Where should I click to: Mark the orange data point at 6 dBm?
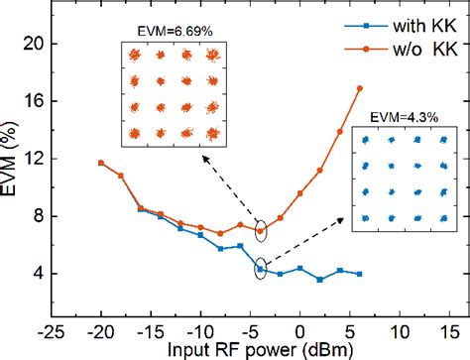[359, 88]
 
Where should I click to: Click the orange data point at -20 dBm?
[100, 163]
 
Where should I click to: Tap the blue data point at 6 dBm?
[359, 274]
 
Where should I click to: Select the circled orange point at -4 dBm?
[260, 231]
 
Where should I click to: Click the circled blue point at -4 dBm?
[260, 269]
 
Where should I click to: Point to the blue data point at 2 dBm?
[319, 280]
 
